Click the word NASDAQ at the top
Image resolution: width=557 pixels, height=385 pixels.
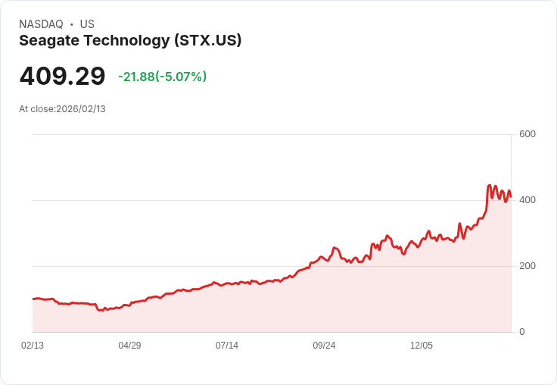pyautogui.click(x=41, y=24)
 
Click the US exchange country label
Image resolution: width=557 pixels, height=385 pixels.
pyautogui.click(x=87, y=24)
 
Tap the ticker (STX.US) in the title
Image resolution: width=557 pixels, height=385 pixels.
pyautogui.click(x=207, y=41)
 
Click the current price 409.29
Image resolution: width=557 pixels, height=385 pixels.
pyautogui.click(x=62, y=77)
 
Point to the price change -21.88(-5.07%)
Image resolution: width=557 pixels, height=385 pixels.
pyautogui.click(x=162, y=77)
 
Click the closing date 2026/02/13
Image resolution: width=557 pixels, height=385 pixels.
pyautogui.click(x=81, y=109)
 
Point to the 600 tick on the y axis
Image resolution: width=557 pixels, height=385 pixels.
pyautogui.click(x=527, y=134)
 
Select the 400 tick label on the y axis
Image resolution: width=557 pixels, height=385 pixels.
pyautogui.click(x=527, y=200)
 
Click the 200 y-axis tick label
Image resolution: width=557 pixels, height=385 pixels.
pyautogui.click(x=527, y=266)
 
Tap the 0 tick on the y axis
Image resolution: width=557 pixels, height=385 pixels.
pyautogui.click(x=521, y=332)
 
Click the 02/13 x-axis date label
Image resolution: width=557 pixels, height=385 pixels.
pyautogui.click(x=33, y=346)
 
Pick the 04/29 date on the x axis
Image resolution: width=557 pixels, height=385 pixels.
pyautogui.click(x=129, y=346)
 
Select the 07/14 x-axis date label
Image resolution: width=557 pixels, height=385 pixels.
pyautogui.click(x=227, y=346)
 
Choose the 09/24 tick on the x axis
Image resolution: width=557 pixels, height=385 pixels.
pyautogui.click(x=324, y=346)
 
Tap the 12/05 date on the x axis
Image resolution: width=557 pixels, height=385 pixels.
pyautogui.click(x=422, y=346)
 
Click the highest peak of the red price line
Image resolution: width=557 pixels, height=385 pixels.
pyautogui.click(x=489, y=185)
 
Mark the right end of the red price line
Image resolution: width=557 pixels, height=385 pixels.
pyautogui.click(x=511, y=196)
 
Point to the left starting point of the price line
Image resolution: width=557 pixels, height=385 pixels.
pyautogui.click(x=33, y=299)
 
